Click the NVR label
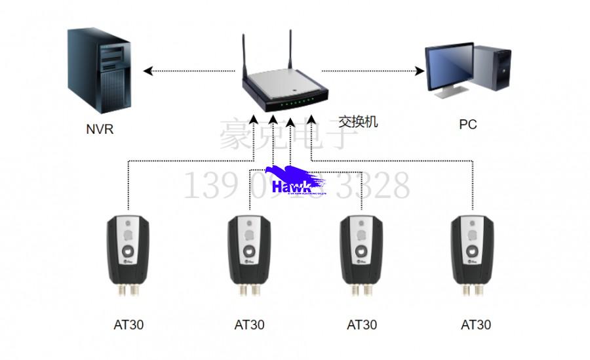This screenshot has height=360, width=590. coord(100,129)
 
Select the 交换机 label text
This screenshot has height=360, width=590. coord(358,121)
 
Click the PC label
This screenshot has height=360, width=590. coord(467,124)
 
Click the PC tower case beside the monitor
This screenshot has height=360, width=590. coord(492,69)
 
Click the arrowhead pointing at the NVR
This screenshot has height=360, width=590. coord(148,70)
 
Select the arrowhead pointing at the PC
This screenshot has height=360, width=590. coord(420,70)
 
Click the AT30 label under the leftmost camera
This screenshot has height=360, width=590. coord(128,324)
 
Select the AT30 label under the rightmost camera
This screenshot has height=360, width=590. coord(476,324)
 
